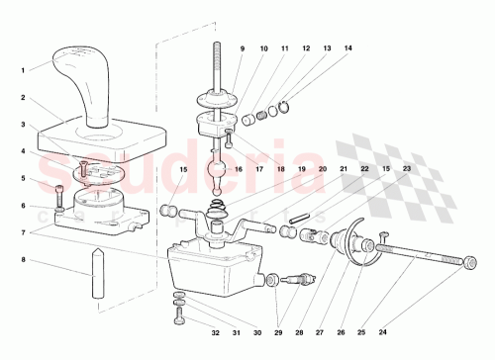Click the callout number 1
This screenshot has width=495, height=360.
tap(23, 69)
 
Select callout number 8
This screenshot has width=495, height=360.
tap(23, 260)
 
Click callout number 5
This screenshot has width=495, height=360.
tap(23, 179)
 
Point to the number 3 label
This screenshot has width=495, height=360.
tap(23, 125)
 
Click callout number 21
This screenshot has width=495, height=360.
tap(343, 169)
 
